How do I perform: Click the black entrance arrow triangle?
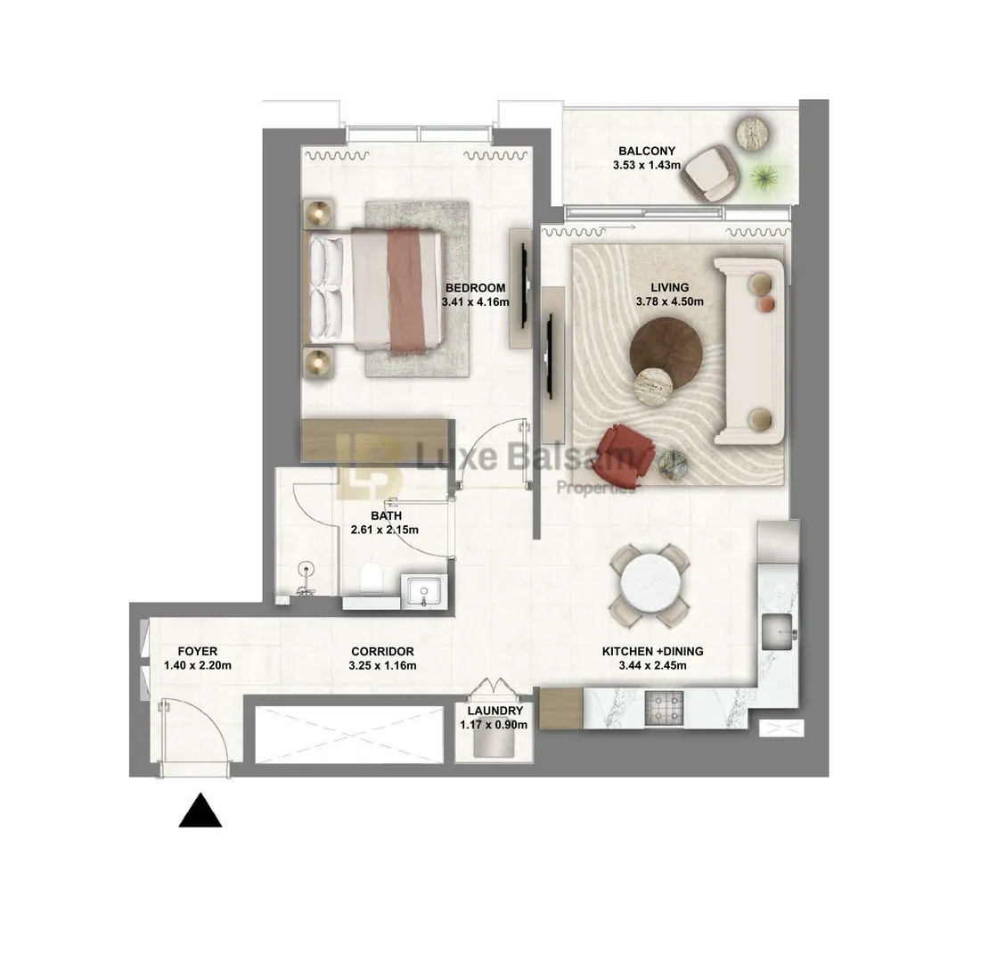200,811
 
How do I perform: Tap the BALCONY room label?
647,151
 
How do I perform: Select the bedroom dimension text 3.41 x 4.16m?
475,301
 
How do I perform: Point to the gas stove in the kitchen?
664,707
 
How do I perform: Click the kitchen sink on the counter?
779,631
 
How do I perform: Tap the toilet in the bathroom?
371,578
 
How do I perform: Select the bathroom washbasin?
423,591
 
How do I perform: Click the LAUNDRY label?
495,711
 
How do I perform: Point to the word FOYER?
198,651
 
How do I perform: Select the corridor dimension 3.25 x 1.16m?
382,665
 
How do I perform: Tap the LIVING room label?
670,288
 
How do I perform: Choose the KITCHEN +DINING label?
652,651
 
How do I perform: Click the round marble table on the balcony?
753,133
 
